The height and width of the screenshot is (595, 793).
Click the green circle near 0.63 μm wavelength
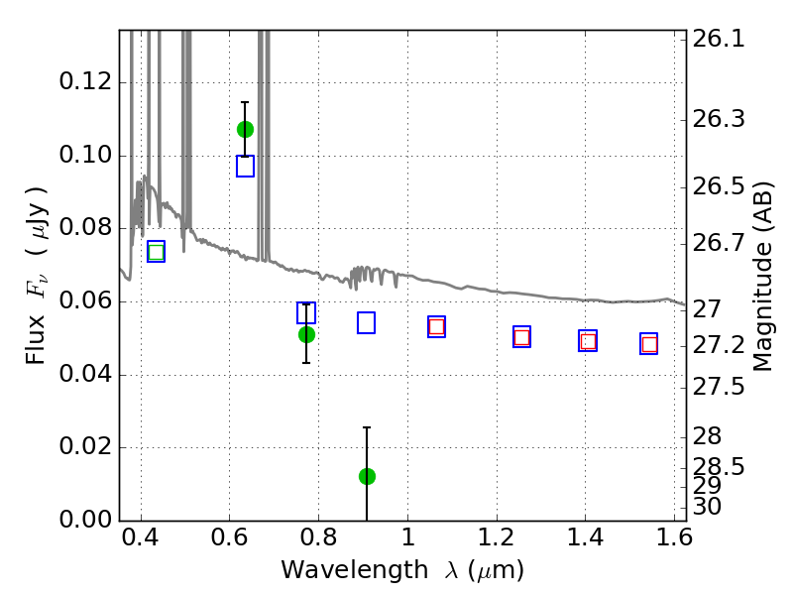pyautogui.click(x=245, y=130)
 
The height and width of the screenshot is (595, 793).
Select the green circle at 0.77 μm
pyautogui.click(x=306, y=334)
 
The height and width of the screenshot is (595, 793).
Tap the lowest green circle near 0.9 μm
pyautogui.click(x=367, y=476)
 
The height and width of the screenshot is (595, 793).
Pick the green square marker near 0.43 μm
pyautogui.click(x=157, y=252)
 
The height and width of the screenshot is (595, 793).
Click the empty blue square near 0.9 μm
pyautogui.click(x=366, y=323)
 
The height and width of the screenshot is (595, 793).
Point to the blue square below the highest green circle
pyautogui.click(x=245, y=166)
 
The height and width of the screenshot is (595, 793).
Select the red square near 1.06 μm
pyautogui.click(x=436, y=326)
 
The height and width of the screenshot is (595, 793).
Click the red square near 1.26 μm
pyautogui.click(x=522, y=337)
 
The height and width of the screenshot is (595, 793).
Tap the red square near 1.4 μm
pyautogui.click(x=588, y=341)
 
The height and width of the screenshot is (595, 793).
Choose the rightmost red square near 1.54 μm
pyautogui.click(x=649, y=344)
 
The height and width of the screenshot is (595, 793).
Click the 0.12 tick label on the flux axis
pyautogui.click(x=85, y=81)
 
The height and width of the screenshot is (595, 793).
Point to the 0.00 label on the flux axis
pyautogui.click(x=85, y=519)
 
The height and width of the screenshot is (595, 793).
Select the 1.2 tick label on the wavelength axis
pyautogui.click(x=497, y=537)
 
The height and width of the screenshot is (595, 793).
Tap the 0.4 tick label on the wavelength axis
pyautogui.click(x=141, y=537)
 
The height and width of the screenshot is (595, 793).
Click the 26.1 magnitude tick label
pyautogui.click(x=718, y=39)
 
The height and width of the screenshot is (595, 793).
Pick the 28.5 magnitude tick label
pyautogui.click(x=718, y=466)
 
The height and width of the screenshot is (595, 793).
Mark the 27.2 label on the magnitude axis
pyautogui.click(x=718, y=345)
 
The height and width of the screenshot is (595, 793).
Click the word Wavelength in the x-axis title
pyautogui.click(x=355, y=570)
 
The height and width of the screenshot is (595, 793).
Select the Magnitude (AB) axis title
pyautogui.click(x=762, y=277)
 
